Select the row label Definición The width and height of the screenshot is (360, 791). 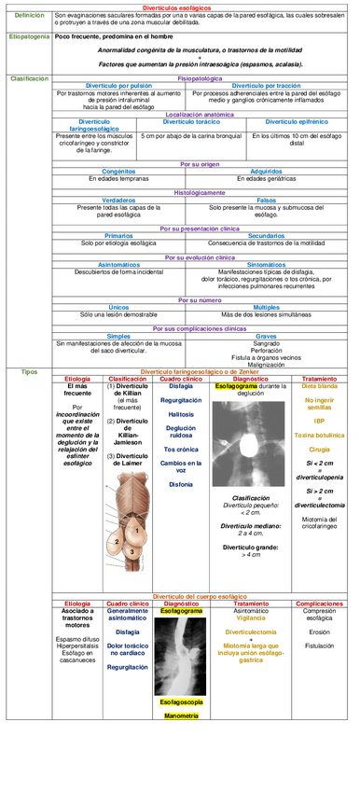click(x=28, y=16)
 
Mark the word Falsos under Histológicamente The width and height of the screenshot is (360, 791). click(x=266, y=200)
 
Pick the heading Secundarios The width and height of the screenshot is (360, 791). click(x=266, y=236)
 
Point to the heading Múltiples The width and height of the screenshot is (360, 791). click(x=266, y=307)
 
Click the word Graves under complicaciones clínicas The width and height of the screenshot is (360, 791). click(x=266, y=336)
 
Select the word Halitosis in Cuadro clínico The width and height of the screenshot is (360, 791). click(x=181, y=413)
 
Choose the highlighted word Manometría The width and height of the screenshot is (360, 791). click(x=181, y=715)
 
